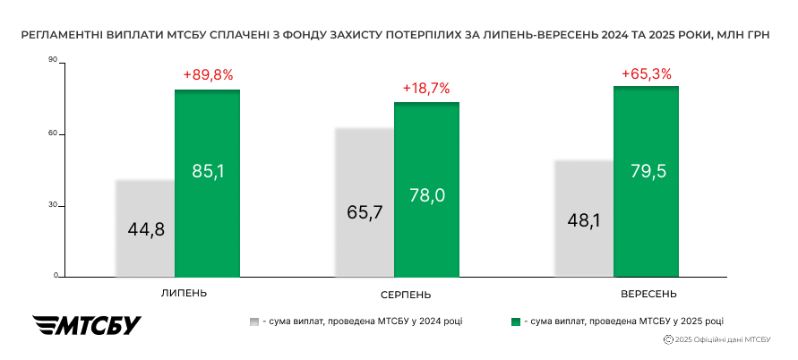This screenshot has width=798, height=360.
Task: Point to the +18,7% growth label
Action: pyautogui.click(x=426, y=89)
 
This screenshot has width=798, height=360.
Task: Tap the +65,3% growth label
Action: pyautogui.click(x=647, y=73)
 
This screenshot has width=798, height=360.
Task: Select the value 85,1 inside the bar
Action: pyautogui.click(x=208, y=170)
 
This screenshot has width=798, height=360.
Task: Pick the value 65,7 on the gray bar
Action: pyautogui.click(x=365, y=212)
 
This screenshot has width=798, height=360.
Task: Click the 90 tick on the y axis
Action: pyautogui.click(x=53, y=60)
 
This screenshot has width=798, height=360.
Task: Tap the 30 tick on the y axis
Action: pyautogui.click(x=53, y=205)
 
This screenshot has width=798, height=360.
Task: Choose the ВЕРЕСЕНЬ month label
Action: pyautogui.click(x=648, y=294)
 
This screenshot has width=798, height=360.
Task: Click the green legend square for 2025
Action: pyautogui.click(x=515, y=321)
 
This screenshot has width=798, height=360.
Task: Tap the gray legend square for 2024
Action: pyautogui.click(x=255, y=321)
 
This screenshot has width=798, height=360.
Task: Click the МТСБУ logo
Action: pyautogui.click(x=87, y=325)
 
